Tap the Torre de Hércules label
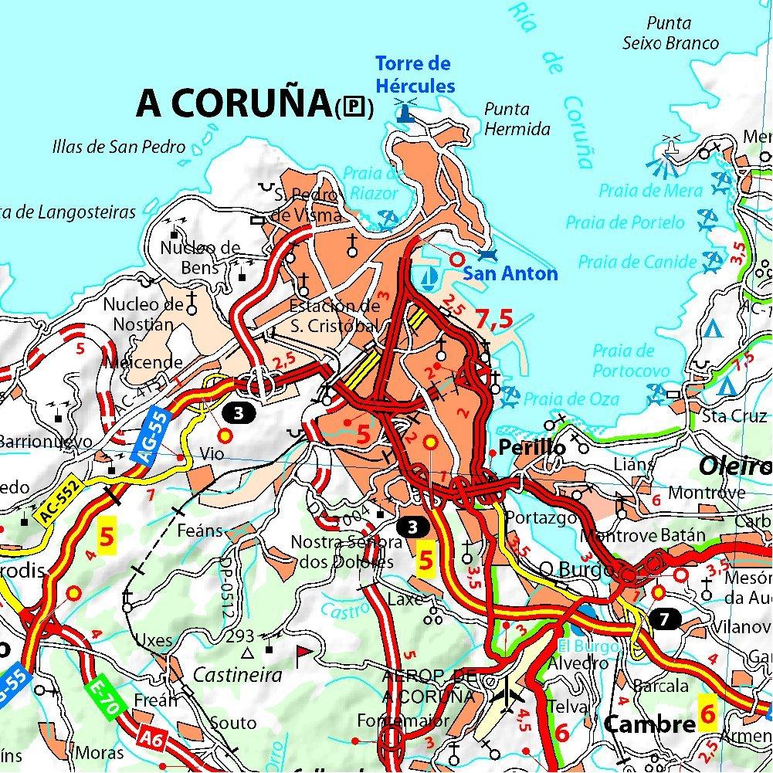tap(414, 74)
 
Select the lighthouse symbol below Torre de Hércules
tap(405, 113)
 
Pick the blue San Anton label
tap(510, 273)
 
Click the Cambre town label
tap(649, 724)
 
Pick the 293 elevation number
tap(241, 636)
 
